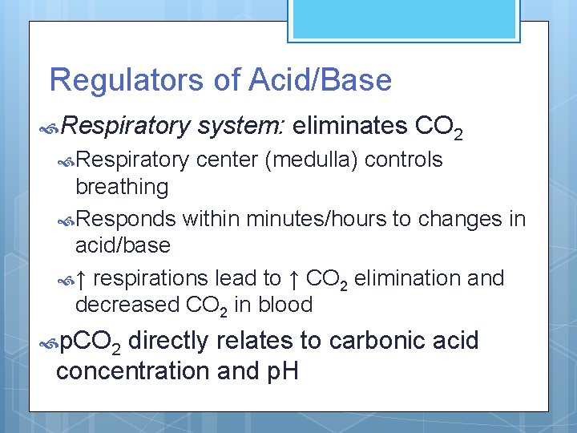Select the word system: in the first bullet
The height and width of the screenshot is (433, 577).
tap(240, 126)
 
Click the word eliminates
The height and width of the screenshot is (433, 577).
tap(350, 126)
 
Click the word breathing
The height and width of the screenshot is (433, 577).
tap(121, 187)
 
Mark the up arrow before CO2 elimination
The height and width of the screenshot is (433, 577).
tap(294, 278)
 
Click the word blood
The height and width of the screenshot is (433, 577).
tap(286, 306)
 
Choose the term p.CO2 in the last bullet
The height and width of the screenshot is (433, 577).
tap(91, 342)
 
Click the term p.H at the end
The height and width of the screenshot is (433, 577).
tap(276, 371)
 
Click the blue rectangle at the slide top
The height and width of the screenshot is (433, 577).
tap(404, 18)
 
